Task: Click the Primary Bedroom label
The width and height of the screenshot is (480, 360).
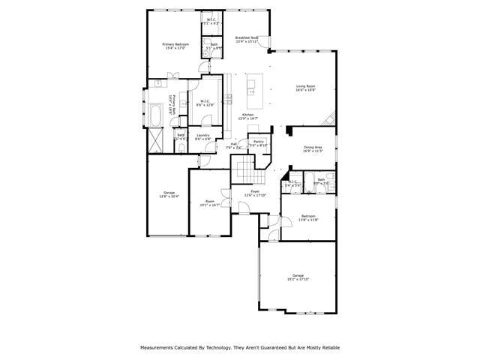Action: tap(175, 46)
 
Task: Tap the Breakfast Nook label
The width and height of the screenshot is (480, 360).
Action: tap(247, 40)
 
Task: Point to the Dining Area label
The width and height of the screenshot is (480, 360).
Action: tap(313, 148)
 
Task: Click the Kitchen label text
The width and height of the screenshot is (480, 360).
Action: tap(247, 116)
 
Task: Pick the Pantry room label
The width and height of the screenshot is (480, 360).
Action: tap(258, 143)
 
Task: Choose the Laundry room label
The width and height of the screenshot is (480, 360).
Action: tap(202, 137)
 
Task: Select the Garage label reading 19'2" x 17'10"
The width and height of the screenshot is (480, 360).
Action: tap(298, 277)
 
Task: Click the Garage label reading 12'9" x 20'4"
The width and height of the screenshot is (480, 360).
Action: tap(169, 195)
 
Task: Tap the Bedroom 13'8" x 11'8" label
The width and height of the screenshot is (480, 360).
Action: tap(309, 217)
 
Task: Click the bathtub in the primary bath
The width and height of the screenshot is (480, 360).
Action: tap(157, 115)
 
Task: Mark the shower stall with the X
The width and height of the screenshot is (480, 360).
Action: tap(157, 139)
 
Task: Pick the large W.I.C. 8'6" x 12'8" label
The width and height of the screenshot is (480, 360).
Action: tap(205, 103)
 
